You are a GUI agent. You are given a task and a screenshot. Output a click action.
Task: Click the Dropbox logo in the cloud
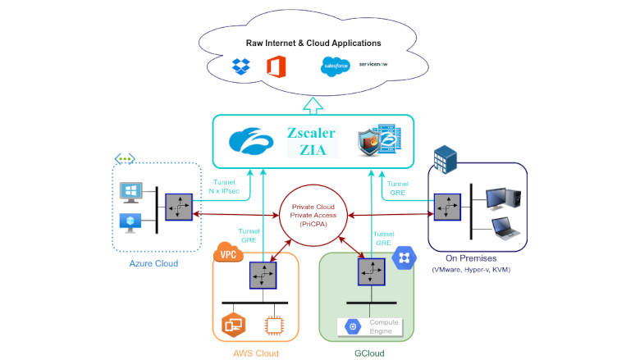click(240, 66)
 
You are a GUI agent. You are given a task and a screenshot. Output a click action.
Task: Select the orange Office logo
click(275, 66)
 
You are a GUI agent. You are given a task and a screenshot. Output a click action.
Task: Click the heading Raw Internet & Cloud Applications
click(313, 43)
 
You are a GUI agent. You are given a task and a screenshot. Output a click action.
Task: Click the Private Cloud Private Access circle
click(313, 215)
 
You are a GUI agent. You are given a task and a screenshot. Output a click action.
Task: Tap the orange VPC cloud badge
click(230, 253)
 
